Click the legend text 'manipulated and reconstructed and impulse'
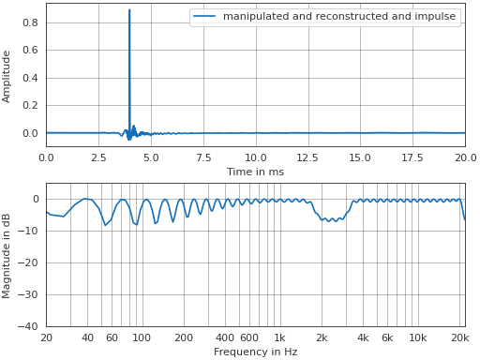(339, 17)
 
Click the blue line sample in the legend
(205, 17)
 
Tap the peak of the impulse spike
(129, 10)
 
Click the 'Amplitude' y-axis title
(7, 77)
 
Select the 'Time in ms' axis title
(255, 172)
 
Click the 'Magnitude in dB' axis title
(7, 255)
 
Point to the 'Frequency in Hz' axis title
(255, 352)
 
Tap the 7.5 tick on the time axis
(203, 157)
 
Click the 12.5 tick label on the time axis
(307, 157)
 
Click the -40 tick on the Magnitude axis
(27, 326)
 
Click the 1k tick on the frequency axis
(279, 337)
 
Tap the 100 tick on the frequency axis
(141, 337)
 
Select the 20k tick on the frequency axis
(459, 337)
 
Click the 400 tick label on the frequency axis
(224, 337)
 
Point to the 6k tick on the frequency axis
(387, 337)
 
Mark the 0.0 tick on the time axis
(46, 157)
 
